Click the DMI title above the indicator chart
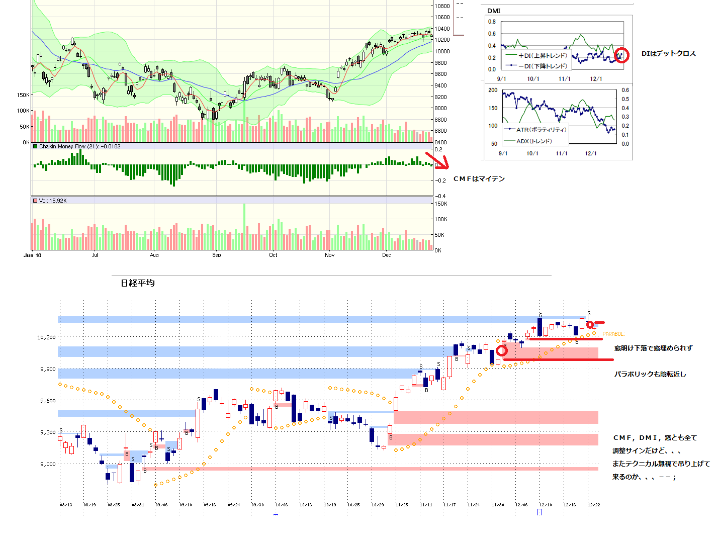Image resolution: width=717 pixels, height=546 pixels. tap(494, 11)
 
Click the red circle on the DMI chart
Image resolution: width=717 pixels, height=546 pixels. tap(622, 55)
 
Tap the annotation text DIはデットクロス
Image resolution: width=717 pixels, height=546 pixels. tap(668, 54)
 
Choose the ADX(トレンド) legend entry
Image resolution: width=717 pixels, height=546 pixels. tap(533, 141)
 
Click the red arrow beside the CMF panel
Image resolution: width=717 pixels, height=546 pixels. tap(436, 160)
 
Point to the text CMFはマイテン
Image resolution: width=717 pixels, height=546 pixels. tap(479, 179)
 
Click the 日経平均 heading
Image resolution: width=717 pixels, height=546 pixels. tap(138, 283)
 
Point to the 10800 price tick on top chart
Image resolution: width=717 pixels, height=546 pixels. tap(442, 6)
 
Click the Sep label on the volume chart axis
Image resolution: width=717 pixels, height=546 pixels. tap(216, 255)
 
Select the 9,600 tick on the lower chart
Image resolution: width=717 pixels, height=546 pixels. tap(48, 401)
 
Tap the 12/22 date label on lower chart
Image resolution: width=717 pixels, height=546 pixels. tap(594, 505)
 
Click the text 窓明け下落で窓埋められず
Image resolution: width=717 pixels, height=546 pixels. tap(653, 348)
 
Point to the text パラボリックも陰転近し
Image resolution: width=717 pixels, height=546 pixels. tap(650, 374)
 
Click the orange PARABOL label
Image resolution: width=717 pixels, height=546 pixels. tap(613, 334)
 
